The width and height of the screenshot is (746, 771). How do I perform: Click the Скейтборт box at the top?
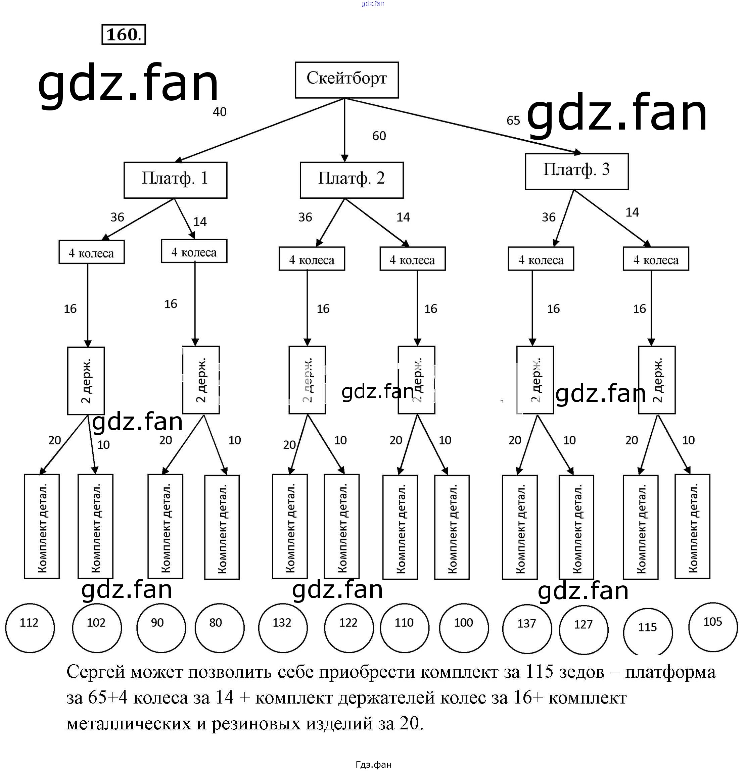[x=346, y=80]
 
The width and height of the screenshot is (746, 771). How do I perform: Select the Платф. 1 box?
[x=175, y=180]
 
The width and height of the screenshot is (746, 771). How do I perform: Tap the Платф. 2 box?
[x=352, y=180]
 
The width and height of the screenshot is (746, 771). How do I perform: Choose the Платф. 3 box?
[x=576, y=171]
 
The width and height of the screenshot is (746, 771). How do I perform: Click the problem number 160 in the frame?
[x=124, y=35]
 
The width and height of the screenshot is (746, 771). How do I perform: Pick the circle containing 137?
[x=527, y=629]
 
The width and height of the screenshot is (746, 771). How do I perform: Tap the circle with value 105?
[x=713, y=627]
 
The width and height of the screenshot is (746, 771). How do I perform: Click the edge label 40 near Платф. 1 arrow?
[x=220, y=112]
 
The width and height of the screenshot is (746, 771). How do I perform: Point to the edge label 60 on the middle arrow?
[x=379, y=136]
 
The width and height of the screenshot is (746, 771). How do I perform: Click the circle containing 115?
[x=648, y=632]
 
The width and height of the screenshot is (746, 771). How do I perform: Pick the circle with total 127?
[x=584, y=629]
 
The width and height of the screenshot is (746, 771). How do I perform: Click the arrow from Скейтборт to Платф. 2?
[x=345, y=130]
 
